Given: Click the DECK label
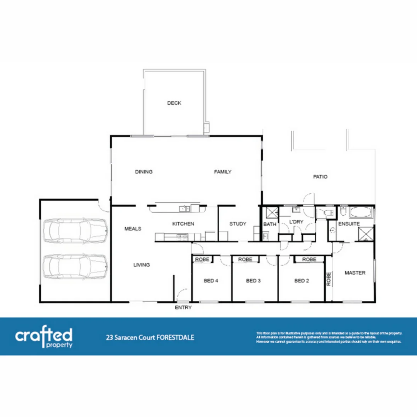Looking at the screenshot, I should tap(174, 103).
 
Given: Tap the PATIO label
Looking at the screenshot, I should tap(320, 177).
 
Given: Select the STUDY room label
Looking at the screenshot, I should tap(237, 224).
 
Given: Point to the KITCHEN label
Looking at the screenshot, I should tap(183, 224).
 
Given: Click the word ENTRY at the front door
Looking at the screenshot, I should tap(183, 308).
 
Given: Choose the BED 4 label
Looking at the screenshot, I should tap(211, 281).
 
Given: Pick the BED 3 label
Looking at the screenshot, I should tap(253, 281).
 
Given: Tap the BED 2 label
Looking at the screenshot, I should tap(302, 281).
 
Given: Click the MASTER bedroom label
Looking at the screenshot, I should tap(355, 273).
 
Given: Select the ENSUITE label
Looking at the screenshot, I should tap(349, 224).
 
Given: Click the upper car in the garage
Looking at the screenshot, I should tap(75, 231).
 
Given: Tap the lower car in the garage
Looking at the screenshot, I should tap(75, 266).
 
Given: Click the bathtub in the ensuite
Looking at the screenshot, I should tap(361, 212).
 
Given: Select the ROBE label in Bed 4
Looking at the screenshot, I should tap(202, 259).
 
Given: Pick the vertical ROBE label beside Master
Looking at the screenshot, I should tap(329, 279).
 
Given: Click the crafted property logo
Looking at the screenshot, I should tap(44, 337).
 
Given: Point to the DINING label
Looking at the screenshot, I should tap(144, 172).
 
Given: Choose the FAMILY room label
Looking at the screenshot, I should tap(223, 172).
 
